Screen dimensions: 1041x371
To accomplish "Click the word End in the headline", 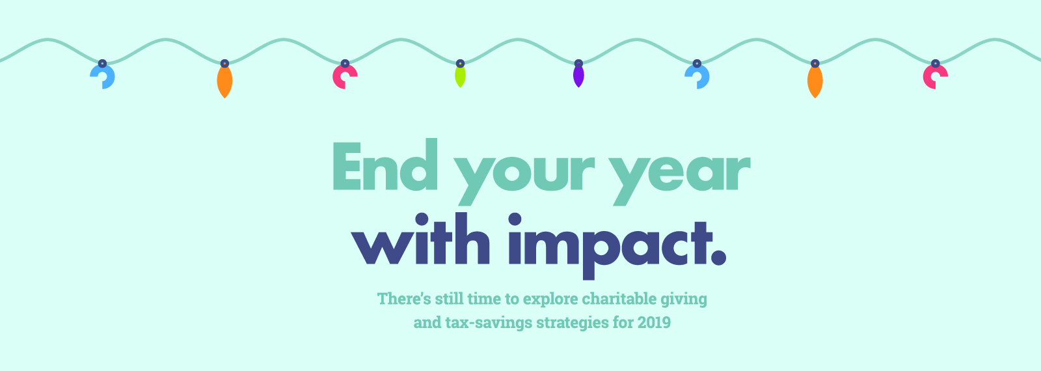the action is pos(385,165).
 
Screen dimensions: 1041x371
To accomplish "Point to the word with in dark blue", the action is pos(420,239).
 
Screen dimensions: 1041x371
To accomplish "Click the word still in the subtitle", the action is pos(450,299).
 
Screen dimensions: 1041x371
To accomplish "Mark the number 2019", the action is pos(655,322).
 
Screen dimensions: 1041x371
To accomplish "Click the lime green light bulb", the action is pos(460,77).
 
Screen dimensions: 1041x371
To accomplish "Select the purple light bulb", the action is pos(578,77).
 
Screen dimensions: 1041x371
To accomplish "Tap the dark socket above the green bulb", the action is pos(460,64).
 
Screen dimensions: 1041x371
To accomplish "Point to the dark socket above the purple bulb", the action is pos(578,64).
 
